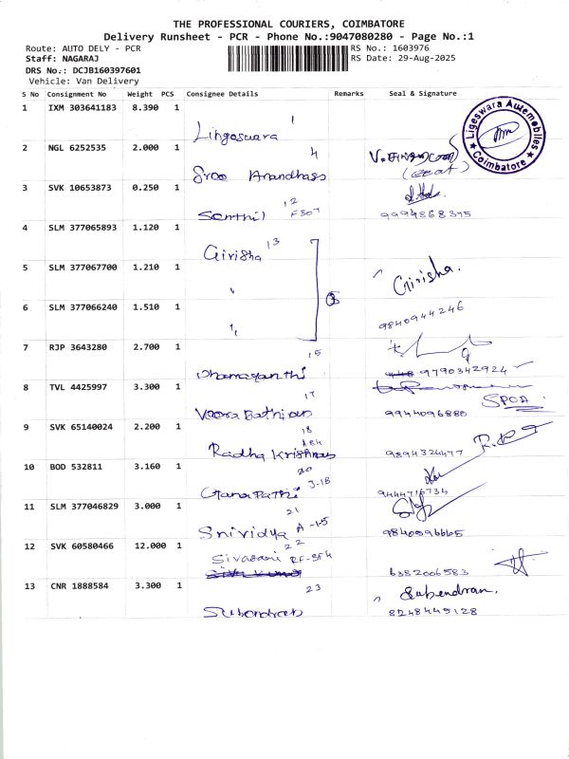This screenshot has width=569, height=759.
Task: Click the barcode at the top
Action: [x=287, y=59]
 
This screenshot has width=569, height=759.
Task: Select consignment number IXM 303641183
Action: [x=82, y=108]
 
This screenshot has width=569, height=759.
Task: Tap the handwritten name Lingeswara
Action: [x=236, y=136]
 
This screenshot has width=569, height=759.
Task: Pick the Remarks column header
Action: [x=349, y=94]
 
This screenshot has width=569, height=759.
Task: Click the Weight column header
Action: [x=139, y=94]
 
